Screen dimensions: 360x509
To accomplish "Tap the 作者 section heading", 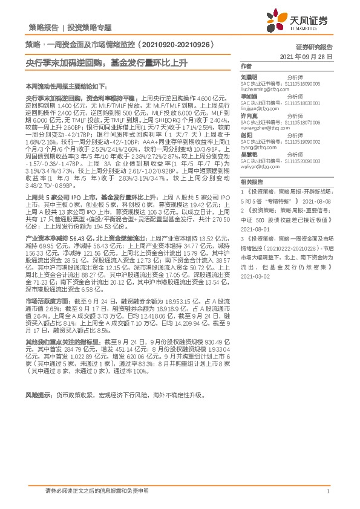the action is (246, 65).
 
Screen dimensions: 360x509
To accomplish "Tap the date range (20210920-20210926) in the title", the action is (172, 45).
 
